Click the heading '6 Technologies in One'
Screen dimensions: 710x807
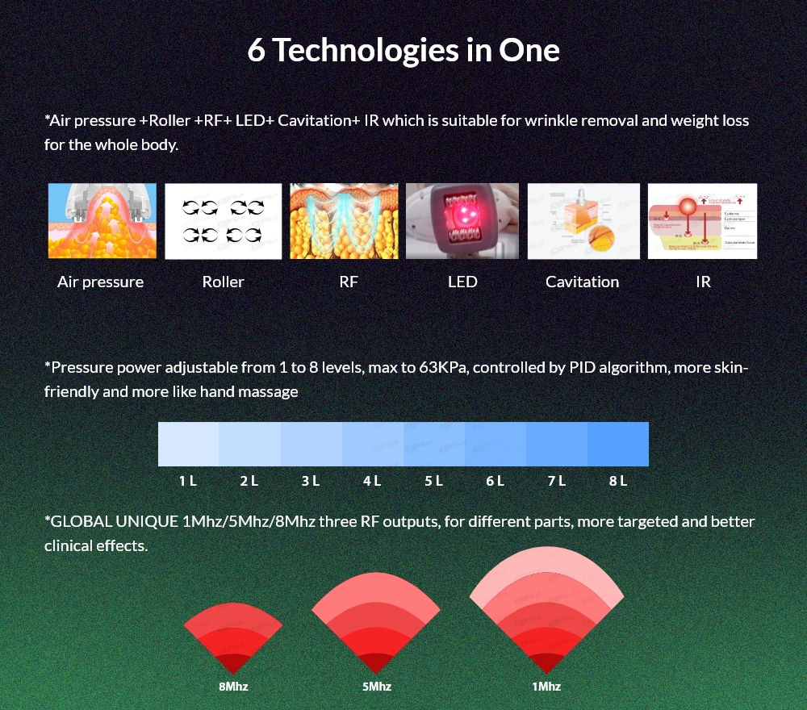(403, 50)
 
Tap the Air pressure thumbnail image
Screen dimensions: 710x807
(102, 221)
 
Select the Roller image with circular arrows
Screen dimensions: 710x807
(224, 221)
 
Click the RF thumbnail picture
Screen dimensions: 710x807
(344, 221)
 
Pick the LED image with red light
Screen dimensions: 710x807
(462, 221)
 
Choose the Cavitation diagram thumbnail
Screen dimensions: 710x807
(583, 221)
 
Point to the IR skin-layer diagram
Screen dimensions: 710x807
(702, 221)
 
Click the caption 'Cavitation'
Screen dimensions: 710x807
(582, 282)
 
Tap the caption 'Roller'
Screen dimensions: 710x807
(223, 282)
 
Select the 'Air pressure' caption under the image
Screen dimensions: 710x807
(100, 282)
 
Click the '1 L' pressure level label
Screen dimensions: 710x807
(188, 482)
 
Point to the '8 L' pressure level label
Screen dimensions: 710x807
(618, 482)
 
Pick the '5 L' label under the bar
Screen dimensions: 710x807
(433, 482)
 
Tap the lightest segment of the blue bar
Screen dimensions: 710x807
(188, 444)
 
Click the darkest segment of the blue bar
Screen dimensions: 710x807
(618, 444)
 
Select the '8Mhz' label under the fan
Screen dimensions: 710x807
(232, 687)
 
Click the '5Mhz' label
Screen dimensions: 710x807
(376, 687)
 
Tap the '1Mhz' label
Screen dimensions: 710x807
(546, 687)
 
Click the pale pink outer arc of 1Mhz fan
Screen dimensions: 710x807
(546, 564)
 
